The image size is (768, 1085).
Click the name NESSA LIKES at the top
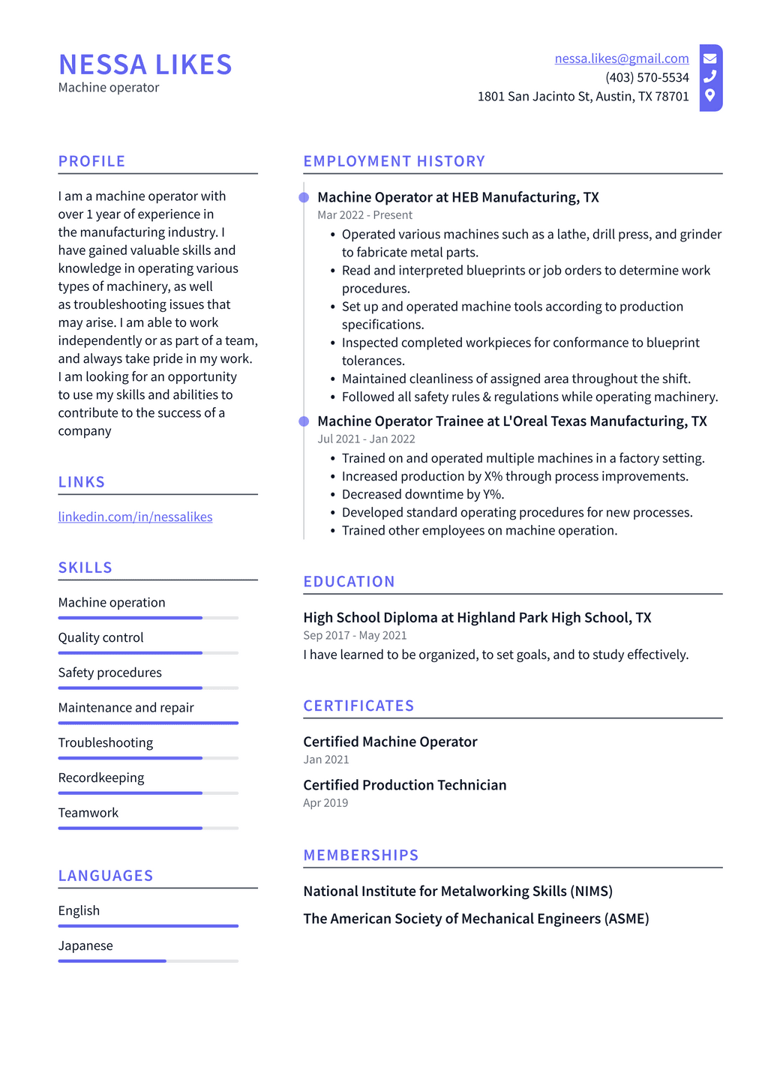coord(145,65)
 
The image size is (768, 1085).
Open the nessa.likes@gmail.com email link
coord(621,58)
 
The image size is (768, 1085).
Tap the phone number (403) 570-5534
coord(646,77)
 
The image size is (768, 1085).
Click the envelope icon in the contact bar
coord(709,58)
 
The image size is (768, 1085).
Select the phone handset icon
coord(709,76)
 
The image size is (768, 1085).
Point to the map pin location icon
coord(709,95)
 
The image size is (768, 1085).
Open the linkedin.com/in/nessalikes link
coord(135,517)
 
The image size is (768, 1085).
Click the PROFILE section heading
coord(91,161)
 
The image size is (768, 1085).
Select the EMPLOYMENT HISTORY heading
coord(394,161)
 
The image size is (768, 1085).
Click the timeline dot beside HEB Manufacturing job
coord(304,197)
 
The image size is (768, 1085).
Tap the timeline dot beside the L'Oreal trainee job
coord(304,421)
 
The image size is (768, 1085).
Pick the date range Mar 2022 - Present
coord(364,215)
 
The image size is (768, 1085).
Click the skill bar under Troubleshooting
coord(148,758)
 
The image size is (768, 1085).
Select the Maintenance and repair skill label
coord(126,708)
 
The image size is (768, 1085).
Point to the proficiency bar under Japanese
coord(148,961)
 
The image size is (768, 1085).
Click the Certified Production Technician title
coord(404,785)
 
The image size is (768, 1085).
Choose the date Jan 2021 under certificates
coord(325,760)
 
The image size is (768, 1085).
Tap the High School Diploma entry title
coord(476,618)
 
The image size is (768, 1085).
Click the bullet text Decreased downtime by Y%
coord(423,494)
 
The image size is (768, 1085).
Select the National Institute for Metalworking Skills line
coord(457,892)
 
